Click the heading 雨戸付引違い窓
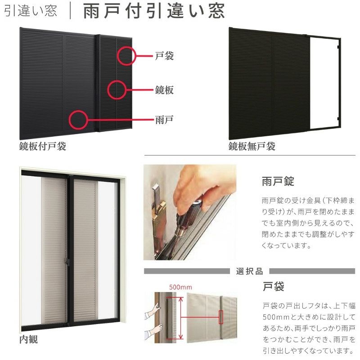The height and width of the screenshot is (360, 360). (154, 11)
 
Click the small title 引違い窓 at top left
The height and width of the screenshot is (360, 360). (30, 11)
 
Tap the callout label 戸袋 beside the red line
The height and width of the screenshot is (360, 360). (164, 56)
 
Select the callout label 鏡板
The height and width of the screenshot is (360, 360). (164, 90)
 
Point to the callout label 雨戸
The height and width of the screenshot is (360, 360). (164, 120)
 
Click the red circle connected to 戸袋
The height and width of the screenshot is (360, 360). (118, 56)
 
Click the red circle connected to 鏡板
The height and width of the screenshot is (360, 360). (108, 90)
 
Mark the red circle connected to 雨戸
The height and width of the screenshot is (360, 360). (70, 120)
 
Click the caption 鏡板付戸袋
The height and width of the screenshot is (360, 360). (43, 146)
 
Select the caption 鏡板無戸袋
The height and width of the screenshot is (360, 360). (252, 146)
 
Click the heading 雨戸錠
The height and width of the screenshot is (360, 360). (278, 181)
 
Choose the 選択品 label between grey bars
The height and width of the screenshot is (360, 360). (250, 271)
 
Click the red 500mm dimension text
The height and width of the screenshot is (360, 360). (180, 287)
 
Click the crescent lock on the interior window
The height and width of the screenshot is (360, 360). (67, 261)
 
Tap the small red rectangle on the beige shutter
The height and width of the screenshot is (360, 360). (221, 317)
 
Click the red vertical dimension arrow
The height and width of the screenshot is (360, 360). (181, 318)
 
